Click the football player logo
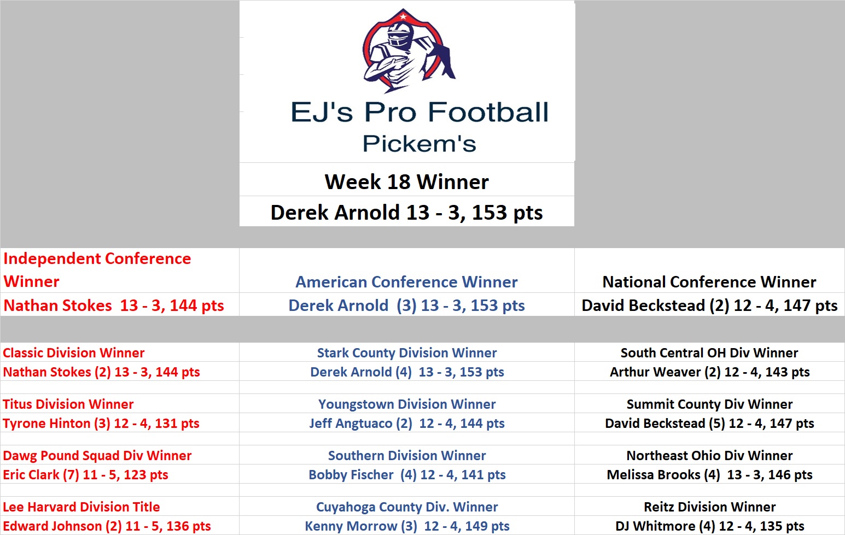point(409,51)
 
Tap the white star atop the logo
point(403,16)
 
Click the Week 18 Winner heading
point(407,182)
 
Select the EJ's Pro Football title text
point(419,112)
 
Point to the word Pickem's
point(419,144)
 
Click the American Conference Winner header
point(407,282)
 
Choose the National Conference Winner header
point(709,282)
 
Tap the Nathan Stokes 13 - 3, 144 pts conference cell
point(114,305)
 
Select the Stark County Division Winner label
point(407,353)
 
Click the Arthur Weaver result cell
point(709,372)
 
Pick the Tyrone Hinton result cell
point(101,424)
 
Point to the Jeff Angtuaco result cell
point(407,424)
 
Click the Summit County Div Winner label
point(709,404)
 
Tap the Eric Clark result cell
point(86,475)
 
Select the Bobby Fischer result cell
point(407,475)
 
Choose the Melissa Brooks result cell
point(709,475)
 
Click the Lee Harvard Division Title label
point(81,507)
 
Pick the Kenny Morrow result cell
point(407,526)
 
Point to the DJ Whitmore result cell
point(709,526)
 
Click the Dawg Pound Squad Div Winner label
point(97,456)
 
